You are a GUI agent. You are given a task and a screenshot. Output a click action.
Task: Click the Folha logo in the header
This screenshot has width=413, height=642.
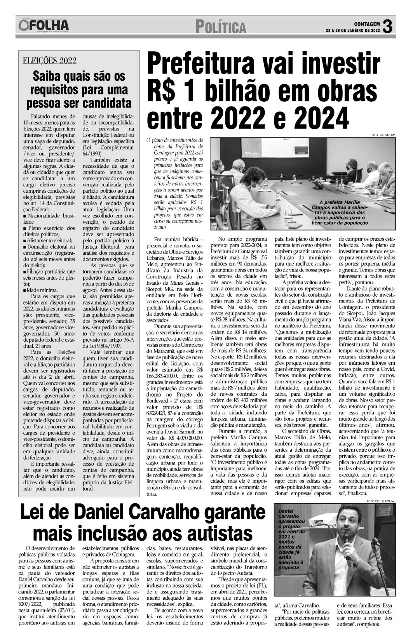click(x=43, y=26)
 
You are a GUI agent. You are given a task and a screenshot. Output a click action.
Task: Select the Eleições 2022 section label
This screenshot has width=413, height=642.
click(x=50, y=61)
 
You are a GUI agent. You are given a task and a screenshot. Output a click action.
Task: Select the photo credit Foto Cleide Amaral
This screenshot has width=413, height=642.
click(x=380, y=501)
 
